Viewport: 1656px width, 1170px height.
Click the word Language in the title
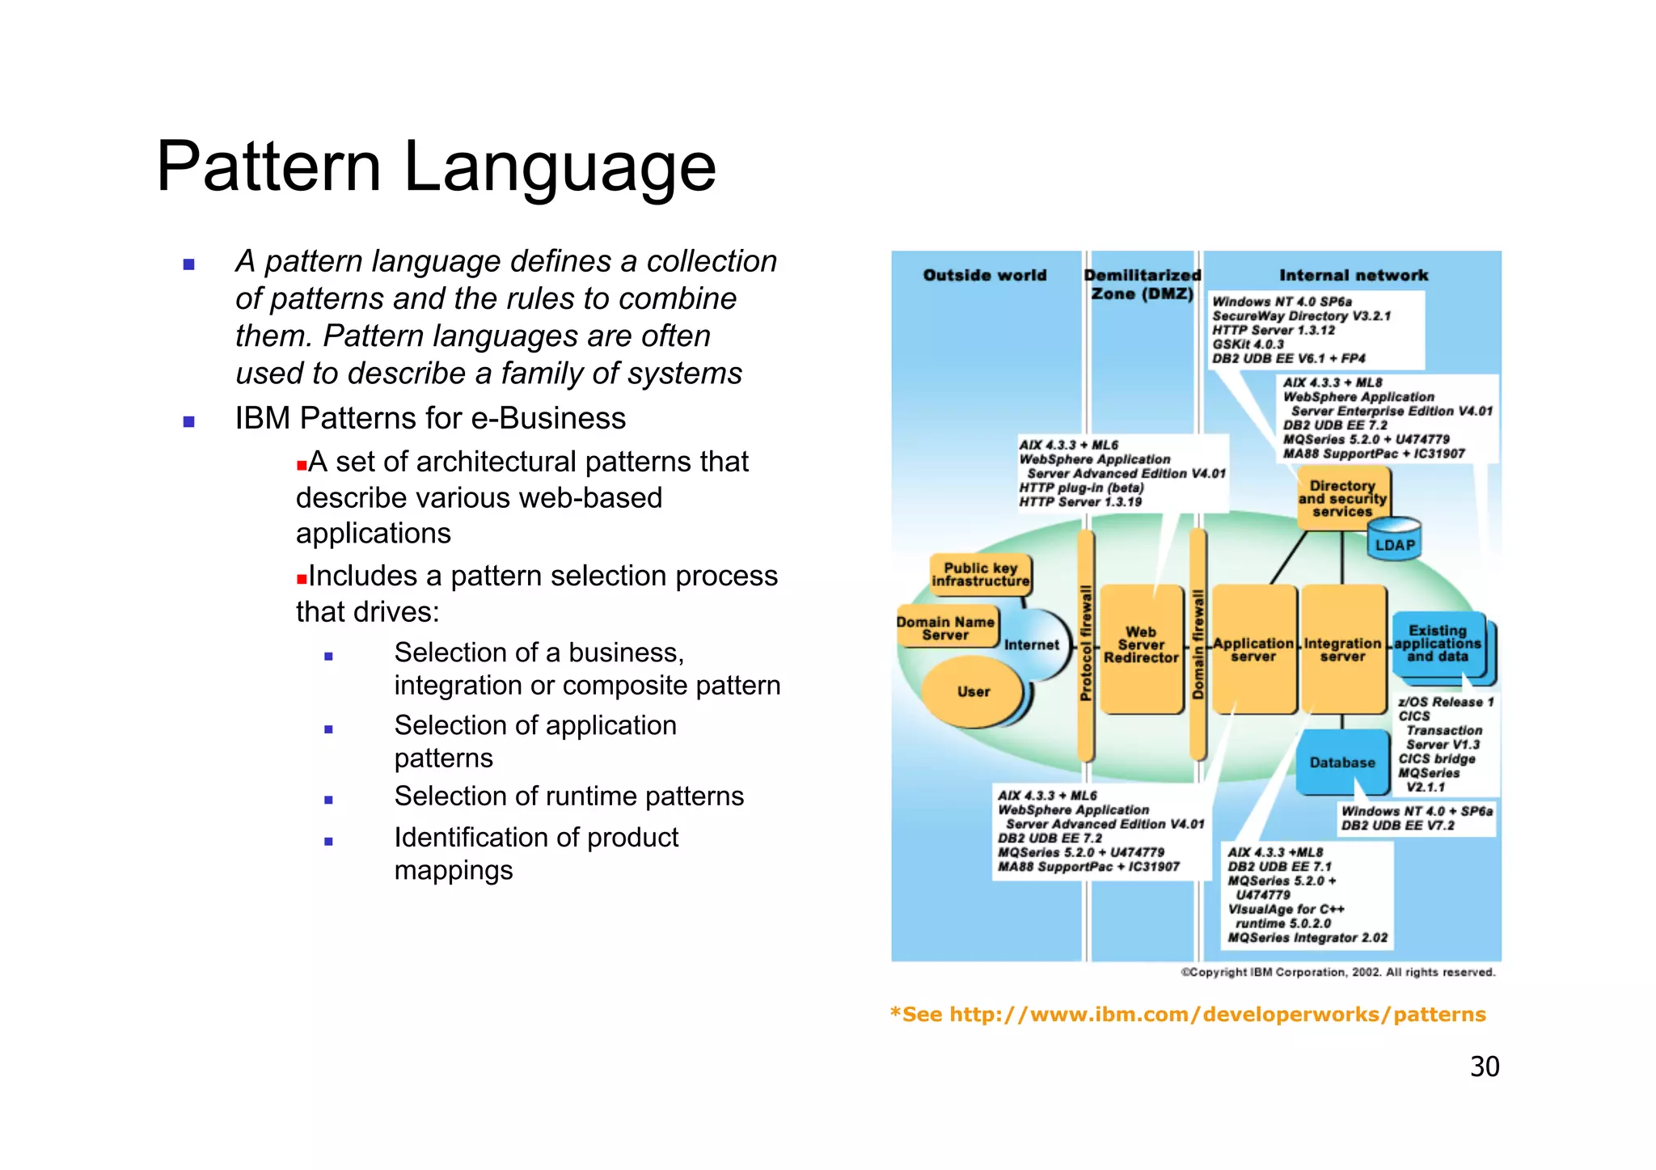(560, 167)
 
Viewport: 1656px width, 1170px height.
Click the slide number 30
(1484, 1067)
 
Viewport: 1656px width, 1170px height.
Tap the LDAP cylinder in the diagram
(1395, 540)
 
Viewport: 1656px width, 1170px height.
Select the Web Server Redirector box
(1141, 647)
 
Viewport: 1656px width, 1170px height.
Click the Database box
(1342, 762)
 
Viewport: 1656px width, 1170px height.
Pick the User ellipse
(974, 692)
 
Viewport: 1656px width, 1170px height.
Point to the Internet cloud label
(1031, 644)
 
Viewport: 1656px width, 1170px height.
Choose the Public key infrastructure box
(980, 574)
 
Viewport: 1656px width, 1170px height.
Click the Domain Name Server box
(945, 627)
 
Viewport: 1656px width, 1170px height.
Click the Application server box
(1253, 648)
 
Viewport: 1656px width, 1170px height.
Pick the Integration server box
(1342, 648)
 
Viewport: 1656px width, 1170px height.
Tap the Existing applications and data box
(1438, 644)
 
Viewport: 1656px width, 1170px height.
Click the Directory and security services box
(1342, 499)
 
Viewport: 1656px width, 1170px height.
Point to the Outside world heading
(984, 275)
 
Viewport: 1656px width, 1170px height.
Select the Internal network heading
(1354, 275)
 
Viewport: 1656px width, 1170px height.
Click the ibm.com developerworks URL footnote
(1187, 1014)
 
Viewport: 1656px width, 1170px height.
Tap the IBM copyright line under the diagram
(1338, 972)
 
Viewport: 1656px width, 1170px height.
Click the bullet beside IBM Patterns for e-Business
(189, 420)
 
